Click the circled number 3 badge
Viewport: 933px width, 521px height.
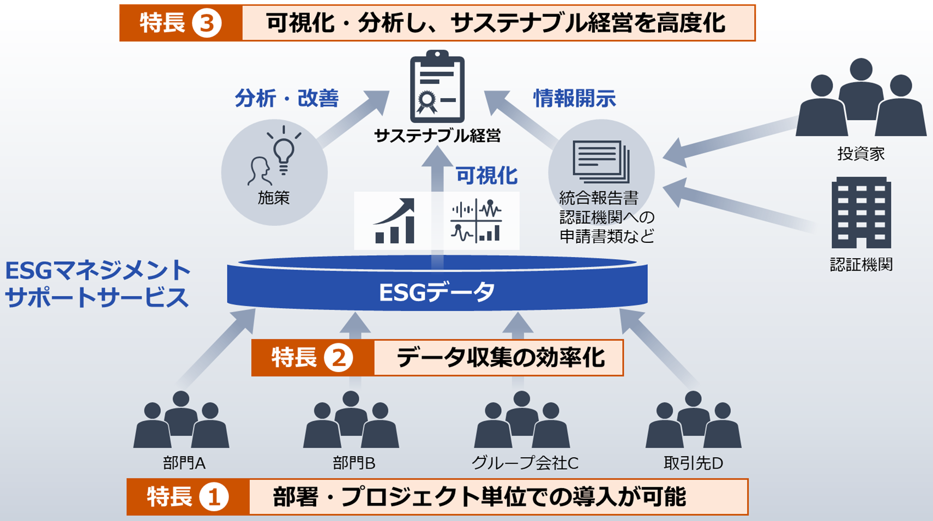point(207,23)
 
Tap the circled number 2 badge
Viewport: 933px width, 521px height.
point(338,358)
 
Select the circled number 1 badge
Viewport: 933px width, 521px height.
point(213,497)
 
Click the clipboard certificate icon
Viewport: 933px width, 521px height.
point(437,87)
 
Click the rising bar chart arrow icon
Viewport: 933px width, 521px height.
point(395,221)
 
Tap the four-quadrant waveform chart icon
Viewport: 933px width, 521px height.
point(476,221)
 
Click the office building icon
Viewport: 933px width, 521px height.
point(861,213)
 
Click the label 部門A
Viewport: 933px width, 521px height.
point(184,464)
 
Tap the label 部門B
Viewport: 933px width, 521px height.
point(354,464)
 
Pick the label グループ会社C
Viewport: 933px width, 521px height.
point(525,464)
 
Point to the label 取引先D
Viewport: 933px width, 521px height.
point(693,464)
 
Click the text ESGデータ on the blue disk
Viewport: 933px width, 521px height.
point(437,292)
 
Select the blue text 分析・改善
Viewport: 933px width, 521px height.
point(287,99)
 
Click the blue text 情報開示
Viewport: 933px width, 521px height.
point(574,99)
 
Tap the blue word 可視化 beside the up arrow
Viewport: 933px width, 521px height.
point(486,176)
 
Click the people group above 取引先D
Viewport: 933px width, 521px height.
point(693,421)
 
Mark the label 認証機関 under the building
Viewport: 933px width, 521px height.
point(861,265)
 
